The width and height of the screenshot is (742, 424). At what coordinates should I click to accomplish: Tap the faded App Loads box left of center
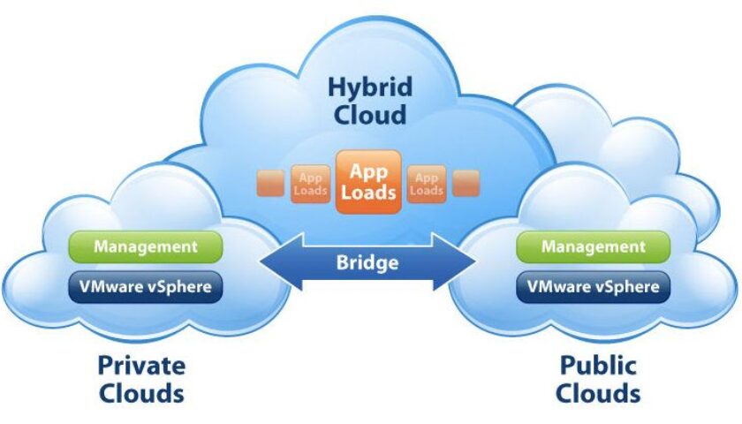tap(311, 184)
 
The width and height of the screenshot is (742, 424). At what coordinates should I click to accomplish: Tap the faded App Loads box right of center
tap(427, 184)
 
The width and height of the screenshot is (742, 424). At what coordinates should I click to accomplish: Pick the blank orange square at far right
tap(466, 184)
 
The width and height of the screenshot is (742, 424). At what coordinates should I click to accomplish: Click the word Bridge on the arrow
tap(367, 262)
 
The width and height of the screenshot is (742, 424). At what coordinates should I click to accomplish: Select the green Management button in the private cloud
tap(146, 247)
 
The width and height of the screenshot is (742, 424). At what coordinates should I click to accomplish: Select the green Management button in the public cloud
tap(594, 247)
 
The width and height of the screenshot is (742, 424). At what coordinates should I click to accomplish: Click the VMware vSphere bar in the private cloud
tap(146, 287)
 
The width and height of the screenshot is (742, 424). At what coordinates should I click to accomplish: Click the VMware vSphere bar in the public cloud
tap(594, 287)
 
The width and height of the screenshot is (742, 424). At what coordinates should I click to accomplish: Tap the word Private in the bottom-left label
tap(141, 365)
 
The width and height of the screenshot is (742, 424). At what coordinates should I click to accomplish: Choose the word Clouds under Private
tap(141, 392)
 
